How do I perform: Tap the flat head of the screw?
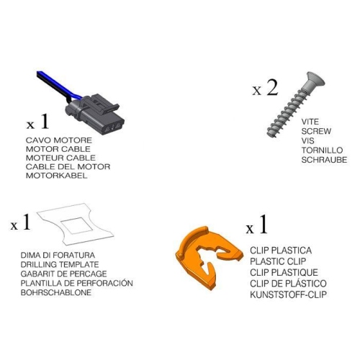coord(314,81)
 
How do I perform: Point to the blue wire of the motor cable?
coord(59,85)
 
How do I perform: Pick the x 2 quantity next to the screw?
coord(265,88)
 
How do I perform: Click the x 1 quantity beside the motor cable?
coord(37,122)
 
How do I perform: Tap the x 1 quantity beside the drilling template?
coord(20,222)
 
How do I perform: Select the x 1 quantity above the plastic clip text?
coord(256,225)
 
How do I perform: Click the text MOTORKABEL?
coord(56,176)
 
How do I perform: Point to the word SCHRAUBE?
coord(324,160)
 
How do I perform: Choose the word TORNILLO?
coord(322,150)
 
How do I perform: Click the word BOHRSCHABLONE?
coord(56,292)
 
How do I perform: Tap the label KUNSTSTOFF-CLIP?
coord(288,294)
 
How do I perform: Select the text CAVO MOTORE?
coord(59,140)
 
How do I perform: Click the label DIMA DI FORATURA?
coord(58,255)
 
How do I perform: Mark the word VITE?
coord(310,122)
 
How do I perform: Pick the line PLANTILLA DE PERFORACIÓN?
coord(76,283)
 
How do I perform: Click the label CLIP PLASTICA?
coord(281,251)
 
